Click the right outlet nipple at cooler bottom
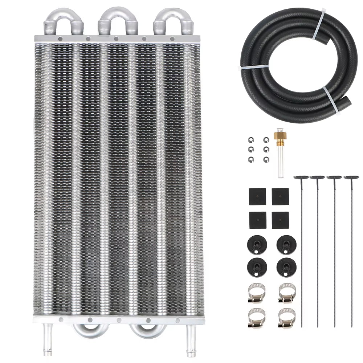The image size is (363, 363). pyautogui.click(x=189, y=332)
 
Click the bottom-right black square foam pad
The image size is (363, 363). pyautogui.click(x=280, y=219)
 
